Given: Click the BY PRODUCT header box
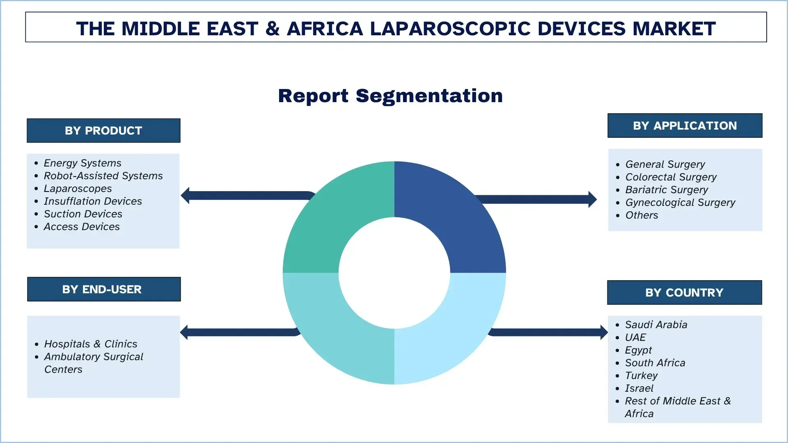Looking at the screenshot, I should pyautogui.click(x=103, y=130).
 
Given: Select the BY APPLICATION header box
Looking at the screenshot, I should pyautogui.click(x=685, y=126).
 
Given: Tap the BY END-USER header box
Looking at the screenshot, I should pyautogui.click(x=103, y=289).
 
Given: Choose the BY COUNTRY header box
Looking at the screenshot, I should pyautogui.click(x=684, y=292).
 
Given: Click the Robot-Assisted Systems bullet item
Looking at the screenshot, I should pyautogui.click(x=103, y=176).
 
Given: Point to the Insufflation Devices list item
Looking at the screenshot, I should pyautogui.click(x=93, y=201).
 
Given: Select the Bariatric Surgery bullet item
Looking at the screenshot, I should pyautogui.click(x=667, y=190).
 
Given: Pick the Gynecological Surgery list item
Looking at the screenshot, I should pyautogui.click(x=680, y=203).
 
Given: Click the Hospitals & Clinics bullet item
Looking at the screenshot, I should pyautogui.click(x=90, y=344).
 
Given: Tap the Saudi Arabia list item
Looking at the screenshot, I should pyautogui.click(x=656, y=325).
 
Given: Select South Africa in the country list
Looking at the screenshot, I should pyautogui.click(x=655, y=363).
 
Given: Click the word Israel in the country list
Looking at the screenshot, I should pyautogui.click(x=639, y=388).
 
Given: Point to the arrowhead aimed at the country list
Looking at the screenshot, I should pyautogui.click(x=603, y=332).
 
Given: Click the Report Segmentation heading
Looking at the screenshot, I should pyautogui.click(x=390, y=96).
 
